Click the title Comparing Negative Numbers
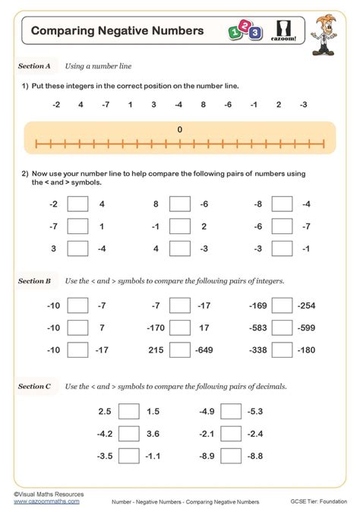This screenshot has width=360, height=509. (118, 31)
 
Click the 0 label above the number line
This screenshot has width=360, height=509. (180, 130)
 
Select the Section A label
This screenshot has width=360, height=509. (34, 66)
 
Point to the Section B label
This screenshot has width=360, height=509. (34, 281)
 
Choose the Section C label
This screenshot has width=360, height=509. (34, 386)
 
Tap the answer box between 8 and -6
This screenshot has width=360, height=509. (180, 204)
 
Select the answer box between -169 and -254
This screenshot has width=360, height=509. (283, 305)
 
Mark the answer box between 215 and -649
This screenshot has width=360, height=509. (180, 349)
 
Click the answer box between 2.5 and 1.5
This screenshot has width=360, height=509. (129, 411)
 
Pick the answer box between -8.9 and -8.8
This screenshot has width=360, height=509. (232, 455)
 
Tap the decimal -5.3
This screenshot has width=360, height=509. (254, 411)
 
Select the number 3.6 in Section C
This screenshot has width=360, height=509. (153, 433)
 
